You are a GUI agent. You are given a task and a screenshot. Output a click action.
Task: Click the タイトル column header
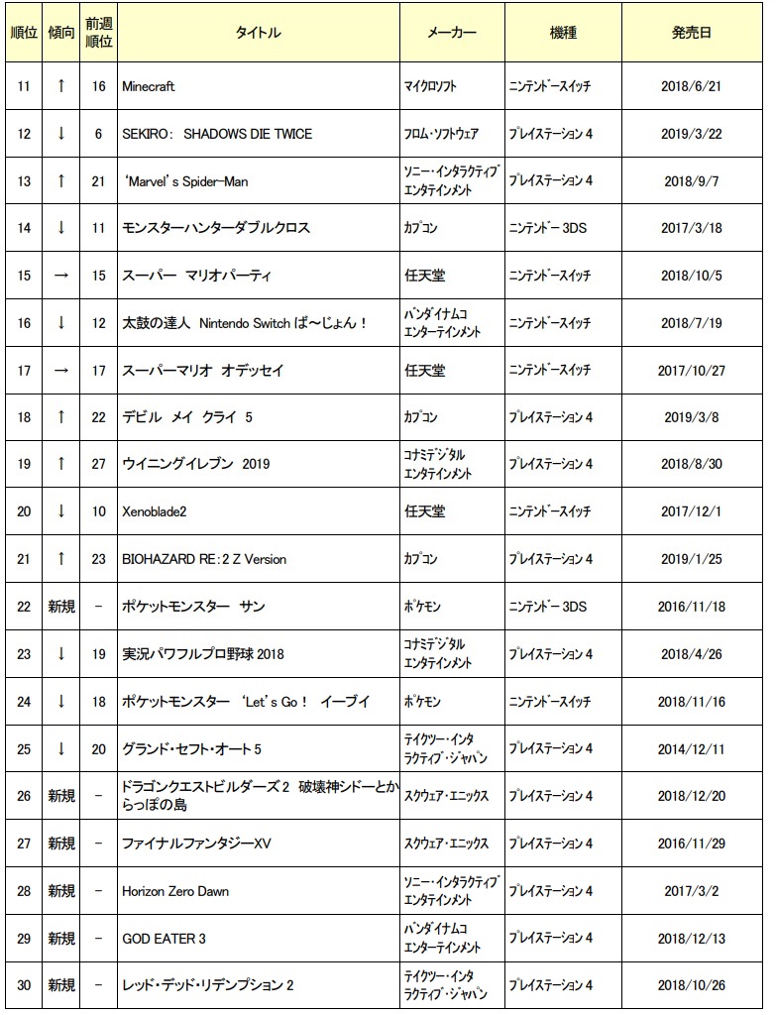[x=258, y=33]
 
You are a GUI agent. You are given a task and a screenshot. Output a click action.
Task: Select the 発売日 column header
[x=691, y=33]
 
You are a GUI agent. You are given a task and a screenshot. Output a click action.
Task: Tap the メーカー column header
[x=451, y=33]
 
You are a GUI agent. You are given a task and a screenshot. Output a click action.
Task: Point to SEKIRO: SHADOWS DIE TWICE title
[x=216, y=134]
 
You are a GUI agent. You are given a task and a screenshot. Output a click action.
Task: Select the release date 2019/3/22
[x=691, y=134]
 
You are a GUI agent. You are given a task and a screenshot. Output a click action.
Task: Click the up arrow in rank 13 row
[x=61, y=180]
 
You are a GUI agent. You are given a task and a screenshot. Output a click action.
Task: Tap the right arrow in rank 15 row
[x=61, y=275]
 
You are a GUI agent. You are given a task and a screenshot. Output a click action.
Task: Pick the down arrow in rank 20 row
[x=61, y=511]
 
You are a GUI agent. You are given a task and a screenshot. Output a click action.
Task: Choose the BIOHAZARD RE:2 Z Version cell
[x=203, y=559]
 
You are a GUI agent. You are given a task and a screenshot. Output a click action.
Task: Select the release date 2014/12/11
[x=691, y=748]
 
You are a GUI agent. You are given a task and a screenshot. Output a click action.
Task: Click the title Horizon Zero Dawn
[x=174, y=891]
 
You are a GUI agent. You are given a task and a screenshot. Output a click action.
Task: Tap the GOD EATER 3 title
[x=157, y=938]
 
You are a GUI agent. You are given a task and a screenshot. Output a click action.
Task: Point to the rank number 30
[x=24, y=985]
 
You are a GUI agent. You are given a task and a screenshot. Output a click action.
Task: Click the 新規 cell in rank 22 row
[x=61, y=607]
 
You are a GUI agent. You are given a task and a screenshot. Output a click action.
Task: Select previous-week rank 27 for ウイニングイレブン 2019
[x=98, y=464]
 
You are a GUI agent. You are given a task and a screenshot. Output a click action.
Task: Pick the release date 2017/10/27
[x=691, y=370]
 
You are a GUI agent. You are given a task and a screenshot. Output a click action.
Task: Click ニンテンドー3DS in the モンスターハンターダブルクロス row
[x=547, y=228]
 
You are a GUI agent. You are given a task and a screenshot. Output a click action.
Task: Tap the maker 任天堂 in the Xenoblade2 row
[x=425, y=511]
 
